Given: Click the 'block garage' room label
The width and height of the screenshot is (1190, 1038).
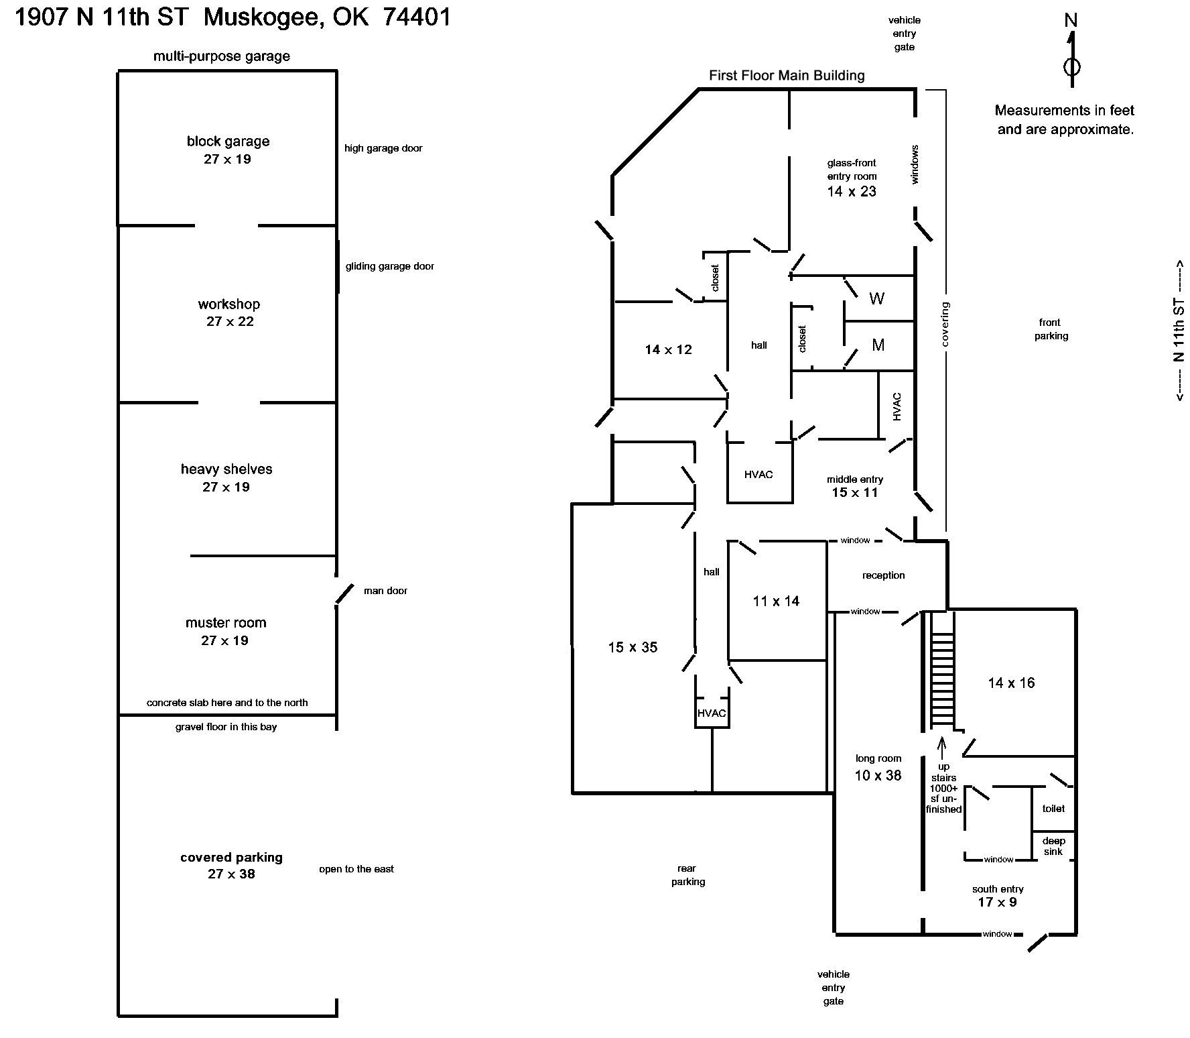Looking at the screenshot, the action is coord(228,141).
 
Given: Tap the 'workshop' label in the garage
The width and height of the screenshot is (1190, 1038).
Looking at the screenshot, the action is coord(228,304).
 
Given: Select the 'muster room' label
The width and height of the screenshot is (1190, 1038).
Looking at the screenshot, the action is coord(226,622).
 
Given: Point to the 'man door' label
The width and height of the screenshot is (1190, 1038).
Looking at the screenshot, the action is coord(385,591).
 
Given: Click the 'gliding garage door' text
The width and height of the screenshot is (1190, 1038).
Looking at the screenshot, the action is coord(390,266).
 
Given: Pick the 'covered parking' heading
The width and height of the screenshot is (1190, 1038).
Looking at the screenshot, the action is coord(231,857).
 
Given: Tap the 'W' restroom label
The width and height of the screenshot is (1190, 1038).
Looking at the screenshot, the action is coord(876,298).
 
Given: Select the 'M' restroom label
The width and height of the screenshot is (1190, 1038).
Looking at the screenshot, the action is coord(878,345).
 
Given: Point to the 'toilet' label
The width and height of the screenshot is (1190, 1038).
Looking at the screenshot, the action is coord(1053,809).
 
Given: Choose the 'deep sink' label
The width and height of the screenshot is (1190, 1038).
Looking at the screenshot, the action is coord(1053,846).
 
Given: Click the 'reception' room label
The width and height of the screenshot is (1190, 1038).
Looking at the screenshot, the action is coord(883,575).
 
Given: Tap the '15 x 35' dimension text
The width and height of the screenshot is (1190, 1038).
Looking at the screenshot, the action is coord(633,647).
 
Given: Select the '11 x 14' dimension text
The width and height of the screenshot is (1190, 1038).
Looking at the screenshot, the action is coord(776,601).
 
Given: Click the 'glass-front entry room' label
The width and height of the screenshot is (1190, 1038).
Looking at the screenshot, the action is coord(852,170).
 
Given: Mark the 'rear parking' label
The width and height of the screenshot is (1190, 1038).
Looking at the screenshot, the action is coord(687,875).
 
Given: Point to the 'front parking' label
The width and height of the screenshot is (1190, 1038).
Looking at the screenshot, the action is coord(1051,329).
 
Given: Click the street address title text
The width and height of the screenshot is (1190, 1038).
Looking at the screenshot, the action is coord(233,17).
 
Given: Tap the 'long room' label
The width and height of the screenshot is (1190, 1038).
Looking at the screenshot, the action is coord(878,758).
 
